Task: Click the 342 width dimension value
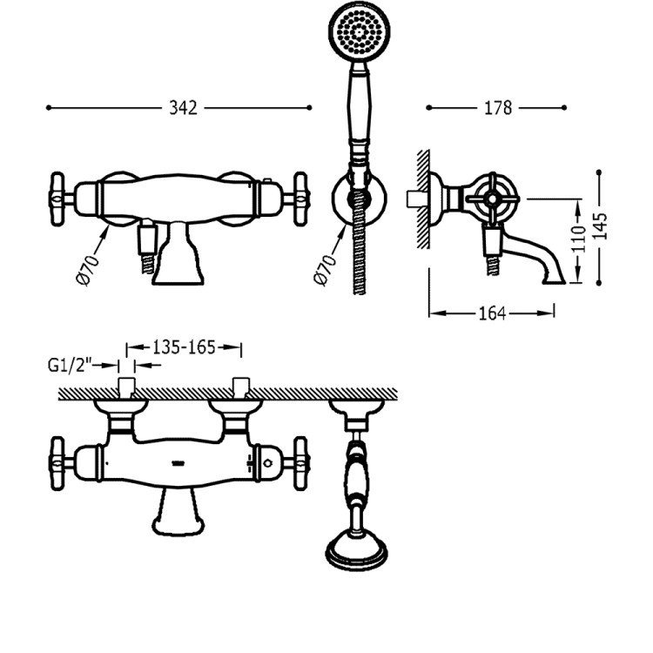pyautogui.click(x=183, y=108)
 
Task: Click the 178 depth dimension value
pyautogui.click(x=498, y=108)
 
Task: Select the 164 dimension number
pyautogui.click(x=492, y=313)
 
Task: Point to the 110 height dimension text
pyautogui.click(x=579, y=239)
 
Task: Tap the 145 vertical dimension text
pyautogui.click(x=600, y=226)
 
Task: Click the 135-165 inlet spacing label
pyautogui.click(x=184, y=347)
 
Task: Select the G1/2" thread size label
pyautogui.click(x=69, y=365)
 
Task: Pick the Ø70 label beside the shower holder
pyautogui.click(x=326, y=269)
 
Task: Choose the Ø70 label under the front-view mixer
pyautogui.click(x=88, y=269)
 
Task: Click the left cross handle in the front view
pyautogui.click(x=57, y=199)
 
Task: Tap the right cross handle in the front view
pyautogui.click(x=300, y=199)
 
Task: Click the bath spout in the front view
pyautogui.click(x=178, y=253)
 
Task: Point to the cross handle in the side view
pyautogui.click(x=492, y=199)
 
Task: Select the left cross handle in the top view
pyautogui.click(x=57, y=463)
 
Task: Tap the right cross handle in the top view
pyautogui.click(x=300, y=463)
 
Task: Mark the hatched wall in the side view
pyautogui.click(x=423, y=199)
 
